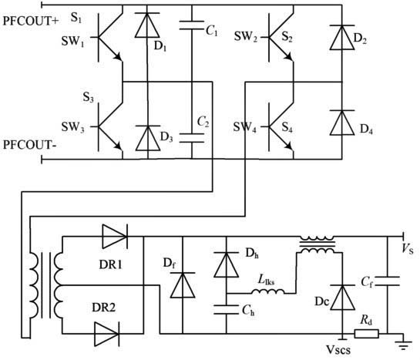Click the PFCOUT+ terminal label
click(x=31, y=21)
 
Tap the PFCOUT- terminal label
click(x=29, y=145)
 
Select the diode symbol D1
click(x=147, y=25)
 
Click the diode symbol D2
click(x=342, y=37)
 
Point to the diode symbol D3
click(x=148, y=138)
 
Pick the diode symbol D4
click(x=342, y=123)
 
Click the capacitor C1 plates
click(x=192, y=25)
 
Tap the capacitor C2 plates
click(x=192, y=138)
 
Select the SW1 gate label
click(x=73, y=42)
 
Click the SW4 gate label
click(x=244, y=127)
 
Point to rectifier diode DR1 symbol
click(x=115, y=237)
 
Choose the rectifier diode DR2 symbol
click(x=107, y=334)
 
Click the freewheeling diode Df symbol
click(x=183, y=285)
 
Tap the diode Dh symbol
click(x=226, y=264)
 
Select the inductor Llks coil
click(x=268, y=291)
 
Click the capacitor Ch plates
click(x=226, y=309)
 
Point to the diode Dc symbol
click(x=342, y=298)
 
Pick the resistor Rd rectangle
click(x=366, y=334)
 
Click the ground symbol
click(x=403, y=345)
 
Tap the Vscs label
click(x=338, y=349)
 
